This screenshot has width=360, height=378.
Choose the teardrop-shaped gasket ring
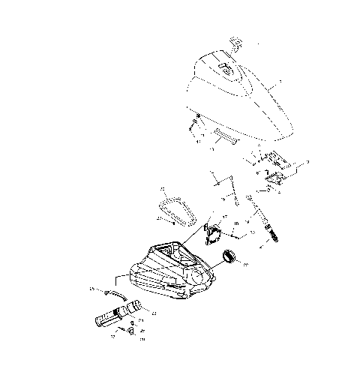point(174,204)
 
